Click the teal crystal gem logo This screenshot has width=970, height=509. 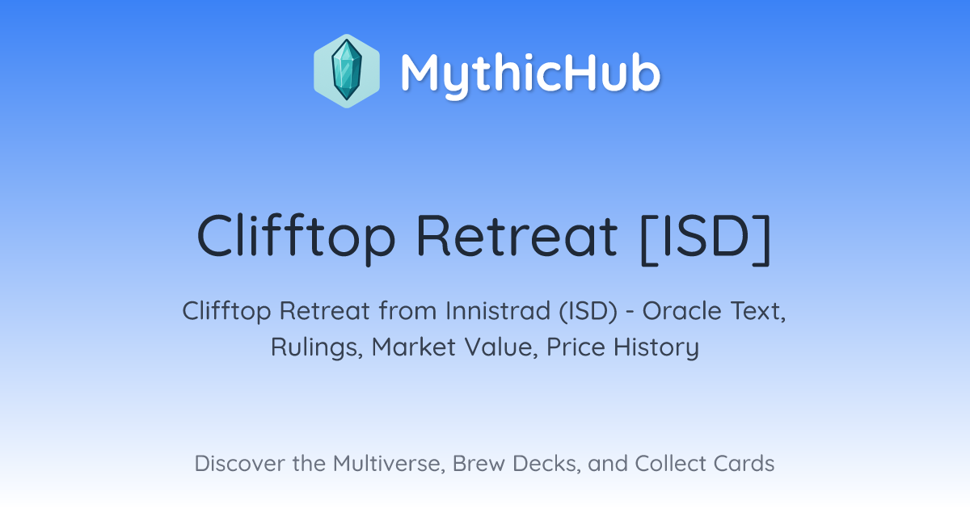click(347, 71)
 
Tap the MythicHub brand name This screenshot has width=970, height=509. click(531, 74)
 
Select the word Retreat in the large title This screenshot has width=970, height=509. click(517, 236)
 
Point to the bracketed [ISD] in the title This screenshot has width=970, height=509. click(706, 238)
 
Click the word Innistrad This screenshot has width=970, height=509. click(498, 311)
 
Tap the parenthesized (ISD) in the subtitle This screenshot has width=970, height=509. click(588, 311)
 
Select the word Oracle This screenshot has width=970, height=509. click(681, 311)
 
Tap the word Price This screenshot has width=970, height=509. click(576, 347)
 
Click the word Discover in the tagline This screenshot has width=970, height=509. click(239, 464)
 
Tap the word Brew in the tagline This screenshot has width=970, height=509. click(479, 464)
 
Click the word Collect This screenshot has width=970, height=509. click(670, 464)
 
